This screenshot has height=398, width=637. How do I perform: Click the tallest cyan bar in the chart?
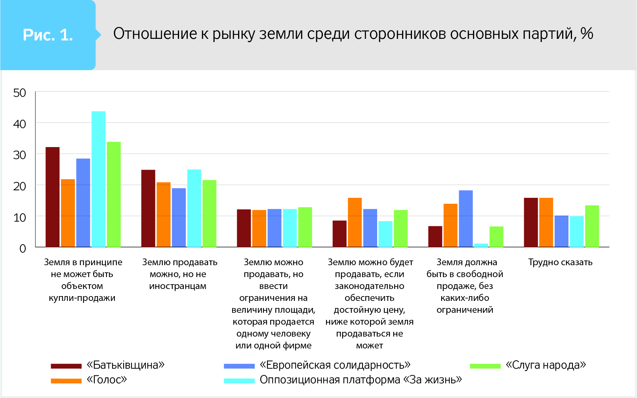click(99, 179)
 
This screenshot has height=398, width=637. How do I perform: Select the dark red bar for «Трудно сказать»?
click(531, 222)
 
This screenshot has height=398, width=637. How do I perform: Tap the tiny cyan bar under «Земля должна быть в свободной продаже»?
click(481, 245)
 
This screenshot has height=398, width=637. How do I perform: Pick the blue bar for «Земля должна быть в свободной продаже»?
click(466, 219)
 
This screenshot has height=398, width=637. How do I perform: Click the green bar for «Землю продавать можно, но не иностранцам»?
click(210, 214)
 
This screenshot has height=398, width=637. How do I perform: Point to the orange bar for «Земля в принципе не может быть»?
click(68, 213)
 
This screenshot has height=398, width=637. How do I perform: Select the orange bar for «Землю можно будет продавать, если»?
click(355, 222)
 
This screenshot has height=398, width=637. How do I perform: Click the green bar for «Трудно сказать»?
click(592, 226)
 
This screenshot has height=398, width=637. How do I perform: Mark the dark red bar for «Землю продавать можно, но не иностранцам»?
click(148, 209)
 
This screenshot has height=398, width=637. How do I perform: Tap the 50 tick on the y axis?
click(20, 93)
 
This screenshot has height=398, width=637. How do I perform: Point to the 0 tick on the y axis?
click(23, 249)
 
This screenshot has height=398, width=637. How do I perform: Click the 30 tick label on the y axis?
click(20, 155)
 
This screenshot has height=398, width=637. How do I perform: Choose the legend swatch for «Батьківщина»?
click(66, 366)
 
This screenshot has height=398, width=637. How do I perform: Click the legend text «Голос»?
click(107, 380)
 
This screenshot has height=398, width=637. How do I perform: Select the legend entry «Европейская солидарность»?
click(335, 365)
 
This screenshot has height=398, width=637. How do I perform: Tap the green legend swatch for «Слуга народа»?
click(485, 366)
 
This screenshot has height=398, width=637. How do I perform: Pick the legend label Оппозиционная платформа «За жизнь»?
click(360, 380)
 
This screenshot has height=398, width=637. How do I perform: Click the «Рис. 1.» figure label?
click(48, 35)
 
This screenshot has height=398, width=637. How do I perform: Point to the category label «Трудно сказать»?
click(560, 262)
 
